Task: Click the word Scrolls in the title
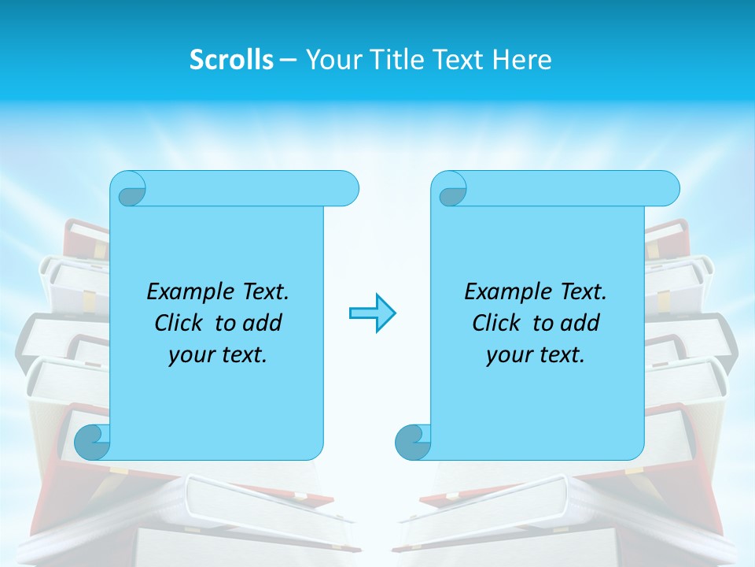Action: point(231,60)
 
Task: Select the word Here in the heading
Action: point(522,60)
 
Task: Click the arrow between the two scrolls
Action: point(372,313)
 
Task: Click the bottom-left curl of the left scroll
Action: point(93,442)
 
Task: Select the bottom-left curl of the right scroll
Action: point(413,442)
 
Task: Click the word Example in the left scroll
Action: point(186,292)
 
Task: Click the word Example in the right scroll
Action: point(504,292)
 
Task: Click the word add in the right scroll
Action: point(580,323)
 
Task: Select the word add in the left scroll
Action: point(262,323)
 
